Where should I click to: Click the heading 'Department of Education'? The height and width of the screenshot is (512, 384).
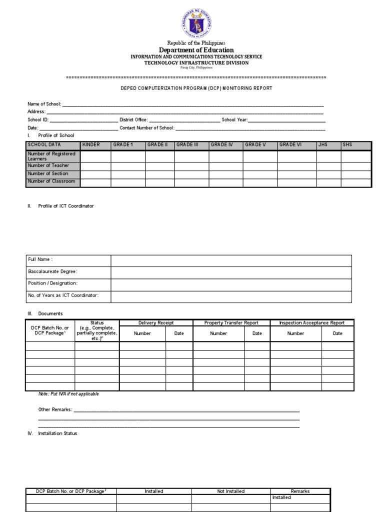[x=196, y=50]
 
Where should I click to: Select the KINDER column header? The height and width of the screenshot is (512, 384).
[x=91, y=145]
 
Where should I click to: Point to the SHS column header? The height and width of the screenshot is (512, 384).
[x=347, y=145]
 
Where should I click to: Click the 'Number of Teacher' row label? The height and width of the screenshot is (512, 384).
[x=48, y=165]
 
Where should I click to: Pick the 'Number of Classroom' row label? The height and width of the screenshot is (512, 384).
[x=51, y=181]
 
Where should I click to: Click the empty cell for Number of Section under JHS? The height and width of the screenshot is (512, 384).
[x=328, y=173]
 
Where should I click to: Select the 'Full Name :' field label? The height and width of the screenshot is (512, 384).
[x=40, y=259]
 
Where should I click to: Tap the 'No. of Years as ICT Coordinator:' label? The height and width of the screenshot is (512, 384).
[x=63, y=295]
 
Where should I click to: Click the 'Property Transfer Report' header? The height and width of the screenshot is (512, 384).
[x=231, y=323]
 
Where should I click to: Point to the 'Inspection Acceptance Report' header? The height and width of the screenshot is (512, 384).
[x=312, y=323]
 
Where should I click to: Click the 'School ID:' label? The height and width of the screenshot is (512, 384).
[x=38, y=120]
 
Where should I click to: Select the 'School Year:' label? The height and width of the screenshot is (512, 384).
[x=234, y=120]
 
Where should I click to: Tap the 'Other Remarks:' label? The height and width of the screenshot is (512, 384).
[x=55, y=409]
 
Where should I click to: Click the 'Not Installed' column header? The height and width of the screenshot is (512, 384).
[x=231, y=491]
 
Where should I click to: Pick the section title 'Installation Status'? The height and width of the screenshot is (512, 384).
[x=57, y=433]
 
